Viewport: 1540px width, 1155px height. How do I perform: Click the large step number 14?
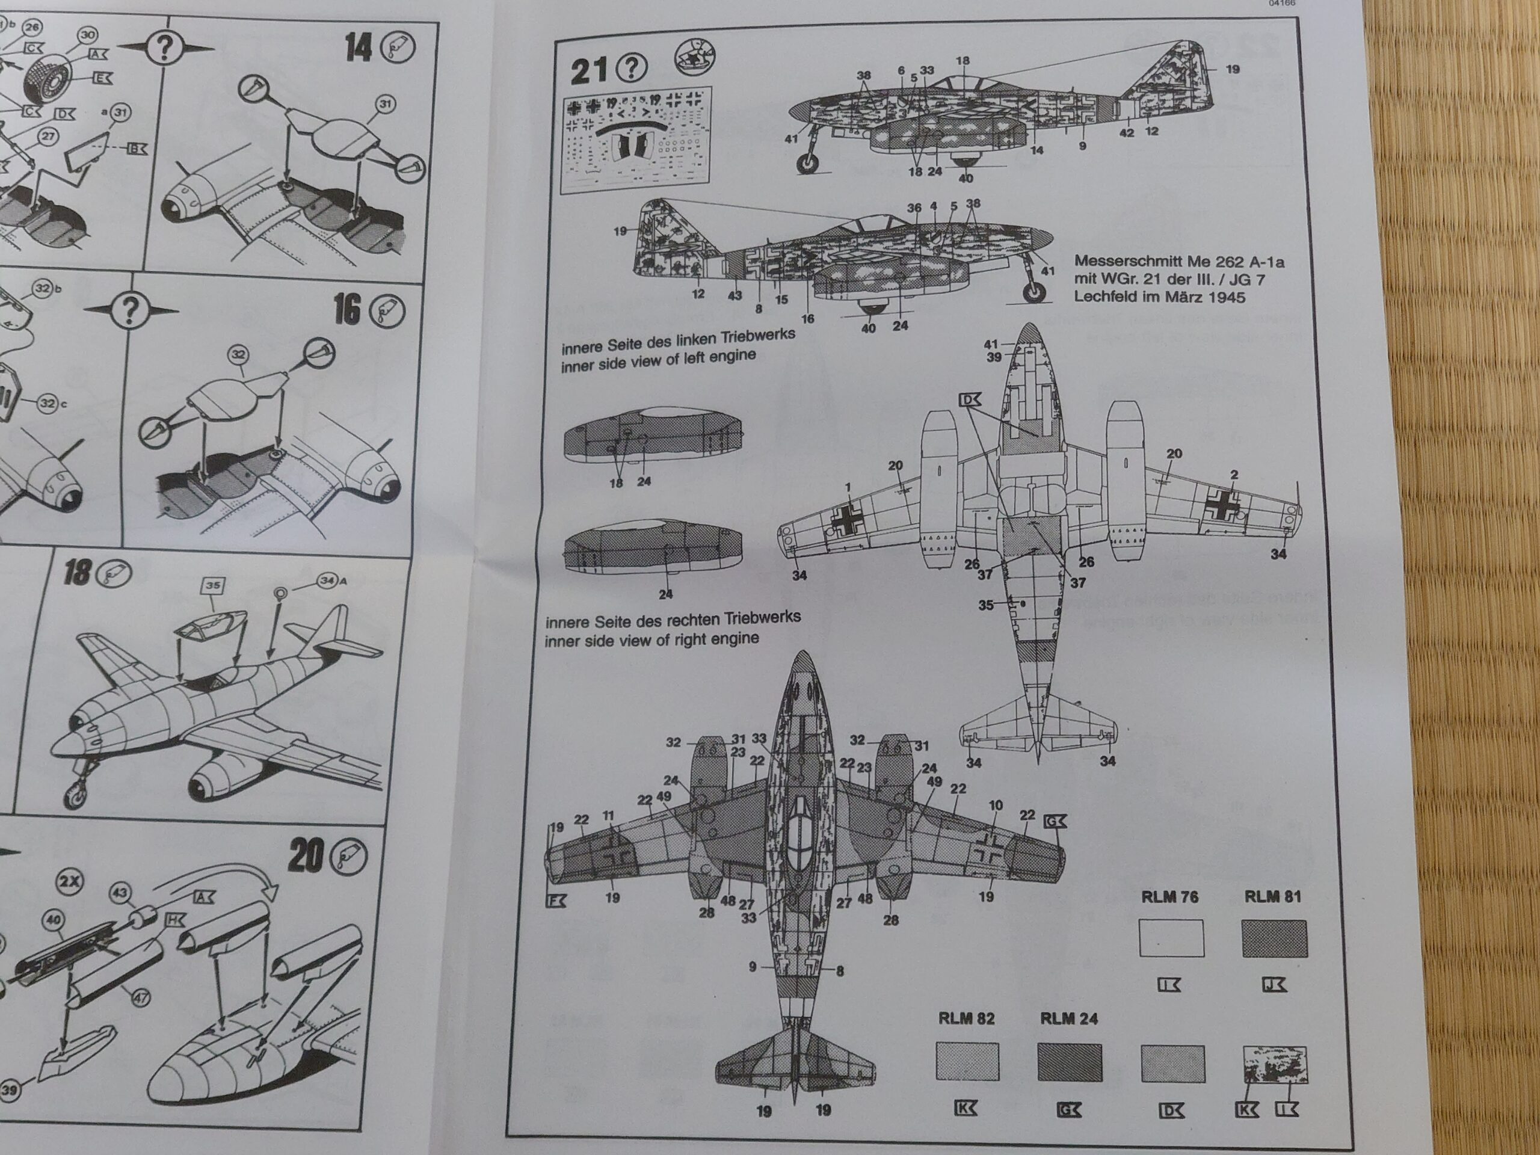click(x=359, y=49)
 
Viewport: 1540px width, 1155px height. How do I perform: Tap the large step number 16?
click(x=348, y=309)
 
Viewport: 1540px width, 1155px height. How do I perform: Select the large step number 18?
click(x=78, y=573)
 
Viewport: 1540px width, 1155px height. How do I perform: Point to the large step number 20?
click(x=306, y=857)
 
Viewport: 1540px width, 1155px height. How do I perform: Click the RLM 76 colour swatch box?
click(x=1171, y=938)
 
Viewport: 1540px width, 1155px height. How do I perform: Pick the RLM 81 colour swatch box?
click(x=1274, y=938)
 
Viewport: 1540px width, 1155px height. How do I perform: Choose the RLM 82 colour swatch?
click(x=967, y=1061)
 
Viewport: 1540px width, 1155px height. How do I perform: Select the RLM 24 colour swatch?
click(x=1070, y=1061)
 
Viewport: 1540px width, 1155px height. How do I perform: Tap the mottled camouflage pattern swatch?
click(x=1275, y=1065)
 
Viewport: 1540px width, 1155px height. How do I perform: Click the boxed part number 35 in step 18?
click(x=212, y=585)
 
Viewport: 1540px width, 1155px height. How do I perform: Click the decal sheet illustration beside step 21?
click(x=636, y=141)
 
